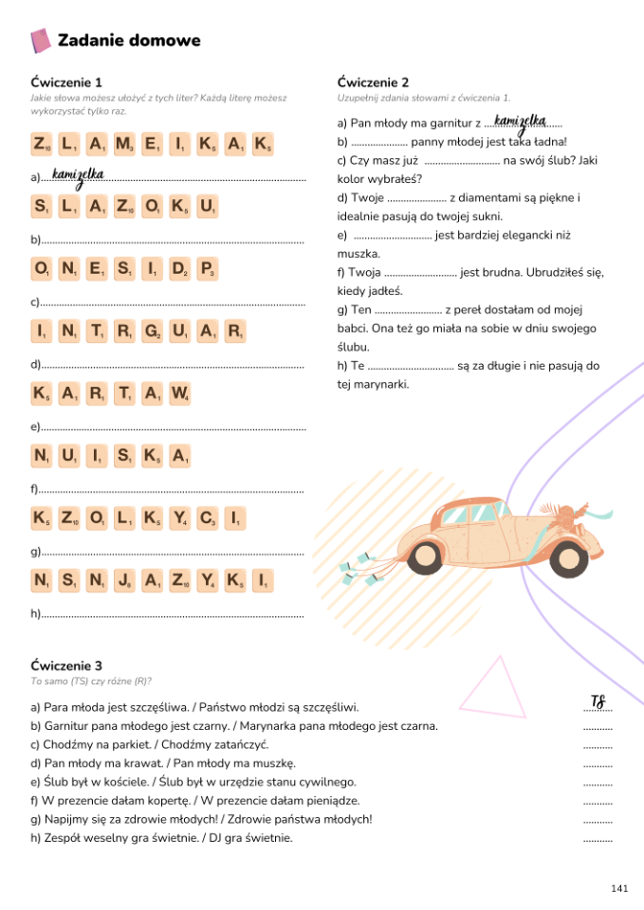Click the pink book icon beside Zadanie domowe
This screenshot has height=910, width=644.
pos(41,41)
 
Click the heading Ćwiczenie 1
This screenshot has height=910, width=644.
pos(65,82)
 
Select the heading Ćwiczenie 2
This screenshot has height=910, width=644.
pos(373,82)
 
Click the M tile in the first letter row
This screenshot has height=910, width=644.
pos(124,145)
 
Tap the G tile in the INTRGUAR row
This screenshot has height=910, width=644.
pos(152,332)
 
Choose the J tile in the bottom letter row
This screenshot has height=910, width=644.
pos(124,580)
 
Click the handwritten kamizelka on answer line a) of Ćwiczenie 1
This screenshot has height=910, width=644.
pos(78,174)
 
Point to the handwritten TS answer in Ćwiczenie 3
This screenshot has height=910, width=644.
pos(598,702)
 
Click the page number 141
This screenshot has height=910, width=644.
pos(619,888)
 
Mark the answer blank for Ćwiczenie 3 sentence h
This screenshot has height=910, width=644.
pos(597,838)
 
